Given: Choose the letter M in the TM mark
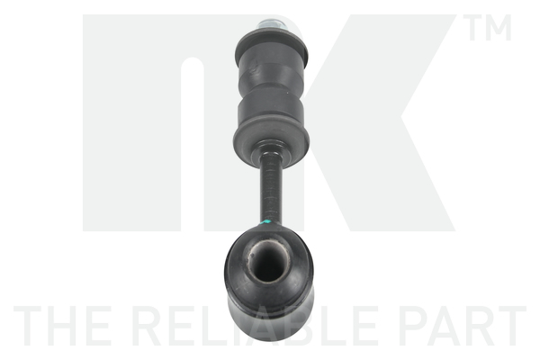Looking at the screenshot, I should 501,30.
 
